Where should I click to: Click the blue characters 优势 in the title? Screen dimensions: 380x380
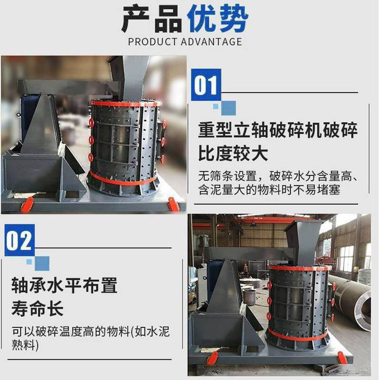click(x=217, y=19)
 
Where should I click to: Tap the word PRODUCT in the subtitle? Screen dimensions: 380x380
click(x=153, y=42)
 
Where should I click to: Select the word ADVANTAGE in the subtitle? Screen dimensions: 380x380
click(x=212, y=42)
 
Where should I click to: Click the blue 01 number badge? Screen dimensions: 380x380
click(x=206, y=85)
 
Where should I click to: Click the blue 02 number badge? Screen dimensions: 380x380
click(x=20, y=240)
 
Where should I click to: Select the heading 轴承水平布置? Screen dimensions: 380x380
click(x=64, y=285)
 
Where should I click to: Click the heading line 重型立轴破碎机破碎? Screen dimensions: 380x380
click(x=278, y=130)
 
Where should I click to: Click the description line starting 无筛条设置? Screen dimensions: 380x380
click(x=278, y=176)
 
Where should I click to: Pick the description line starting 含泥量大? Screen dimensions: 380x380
click(x=269, y=189)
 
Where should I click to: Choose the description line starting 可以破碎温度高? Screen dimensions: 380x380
click(x=91, y=331)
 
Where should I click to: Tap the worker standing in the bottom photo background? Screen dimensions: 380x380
click(x=246, y=270)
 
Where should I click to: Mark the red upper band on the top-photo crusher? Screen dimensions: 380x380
click(x=126, y=104)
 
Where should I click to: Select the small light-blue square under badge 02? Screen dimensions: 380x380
click(x=29, y=262)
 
